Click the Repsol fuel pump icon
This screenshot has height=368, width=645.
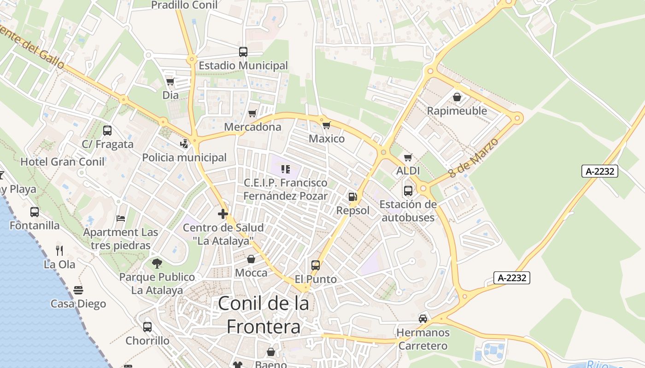[x=352, y=197]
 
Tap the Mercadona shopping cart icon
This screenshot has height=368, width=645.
[x=252, y=113]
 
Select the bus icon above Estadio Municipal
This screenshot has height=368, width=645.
[x=243, y=52]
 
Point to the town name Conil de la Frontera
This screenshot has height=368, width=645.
[x=264, y=315]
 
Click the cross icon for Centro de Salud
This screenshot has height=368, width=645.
[x=223, y=214]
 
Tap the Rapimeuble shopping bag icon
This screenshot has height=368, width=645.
[x=457, y=97]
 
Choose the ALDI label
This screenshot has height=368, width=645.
[x=408, y=171]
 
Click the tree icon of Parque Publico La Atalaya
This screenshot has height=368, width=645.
[x=157, y=264]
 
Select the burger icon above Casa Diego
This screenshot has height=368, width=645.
[x=78, y=290]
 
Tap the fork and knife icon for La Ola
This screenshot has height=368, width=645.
[x=59, y=251]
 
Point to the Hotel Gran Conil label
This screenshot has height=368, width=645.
[x=63, y=161]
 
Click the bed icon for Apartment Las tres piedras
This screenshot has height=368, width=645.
[x=121, y=218]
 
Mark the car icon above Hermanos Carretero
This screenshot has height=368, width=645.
[x=422, y=318]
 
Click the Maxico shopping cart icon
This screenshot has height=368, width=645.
[x=327, y=125]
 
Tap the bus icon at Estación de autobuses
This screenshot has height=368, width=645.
[x=408, y=190]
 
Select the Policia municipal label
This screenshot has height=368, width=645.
[x=184, y=157]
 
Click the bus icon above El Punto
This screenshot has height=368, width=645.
[x=316, y=265]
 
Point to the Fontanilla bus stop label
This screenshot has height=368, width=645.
[x=35, y=225]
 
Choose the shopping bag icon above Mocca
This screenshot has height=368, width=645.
[x=251, y=259]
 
